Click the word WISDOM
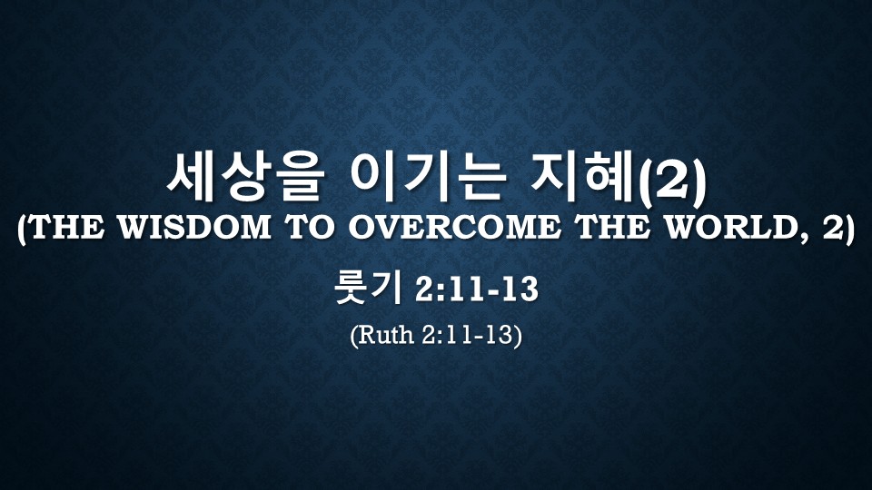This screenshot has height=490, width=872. (x=195, y=227)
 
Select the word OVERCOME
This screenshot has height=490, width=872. (x=454, y=227)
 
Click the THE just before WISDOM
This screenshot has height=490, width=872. (x=66, y=227)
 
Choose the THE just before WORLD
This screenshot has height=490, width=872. (x=613, y=227)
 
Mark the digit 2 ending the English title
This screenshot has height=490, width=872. (x=833, y=227)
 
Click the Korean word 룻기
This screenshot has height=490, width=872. (x=368, y=289)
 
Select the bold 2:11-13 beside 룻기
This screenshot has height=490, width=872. (x=477, y=289)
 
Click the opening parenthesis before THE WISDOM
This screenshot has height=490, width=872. (x=22, y=229)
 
